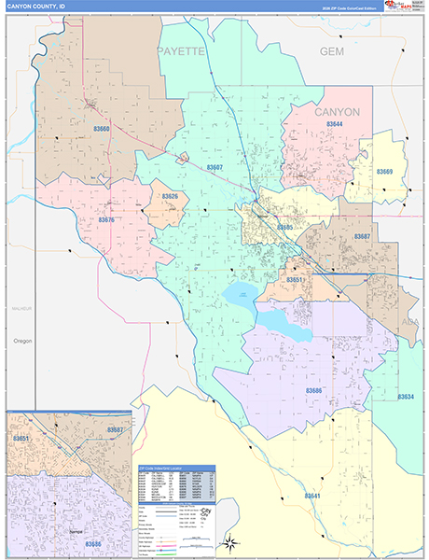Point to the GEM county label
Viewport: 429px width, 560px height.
(332, 51)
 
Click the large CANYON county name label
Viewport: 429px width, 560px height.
(337, 111)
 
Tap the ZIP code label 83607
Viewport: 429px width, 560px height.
(215, 167)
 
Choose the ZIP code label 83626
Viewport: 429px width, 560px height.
(170, 196)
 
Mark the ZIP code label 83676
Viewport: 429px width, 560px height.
(105, 220)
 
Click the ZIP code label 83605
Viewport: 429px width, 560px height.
(284, 227)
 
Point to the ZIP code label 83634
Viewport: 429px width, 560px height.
(406, 397)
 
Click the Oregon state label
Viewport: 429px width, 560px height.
(23, 341)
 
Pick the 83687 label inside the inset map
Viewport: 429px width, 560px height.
(115, 430)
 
